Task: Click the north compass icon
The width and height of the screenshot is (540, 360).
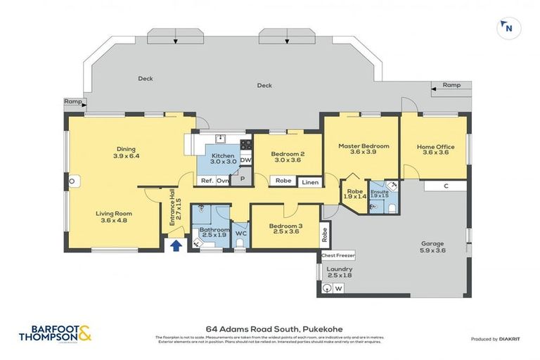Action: [x=505, y=28]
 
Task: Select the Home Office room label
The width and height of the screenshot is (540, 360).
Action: [x=435, y=147]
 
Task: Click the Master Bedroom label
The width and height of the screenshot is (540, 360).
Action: [x=363, y=146]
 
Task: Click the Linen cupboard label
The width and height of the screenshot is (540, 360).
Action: [x=310, y=182]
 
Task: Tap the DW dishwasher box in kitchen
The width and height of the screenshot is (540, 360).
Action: [x=245, y=160]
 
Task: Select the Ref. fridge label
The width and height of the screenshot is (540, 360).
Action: [x=207, y=181]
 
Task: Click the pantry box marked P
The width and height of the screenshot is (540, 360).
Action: [x=242, y=179]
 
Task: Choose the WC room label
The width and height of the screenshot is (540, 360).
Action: [x=240, y=233]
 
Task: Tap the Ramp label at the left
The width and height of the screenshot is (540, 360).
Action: [x=72, y=101]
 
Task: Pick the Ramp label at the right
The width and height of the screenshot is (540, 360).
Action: [x=451, y=85]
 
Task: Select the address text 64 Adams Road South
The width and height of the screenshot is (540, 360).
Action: [x=269, y=328]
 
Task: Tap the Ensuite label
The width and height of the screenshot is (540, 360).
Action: [x=379, y=191]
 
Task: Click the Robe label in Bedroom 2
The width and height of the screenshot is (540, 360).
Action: [x=283, y=181]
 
